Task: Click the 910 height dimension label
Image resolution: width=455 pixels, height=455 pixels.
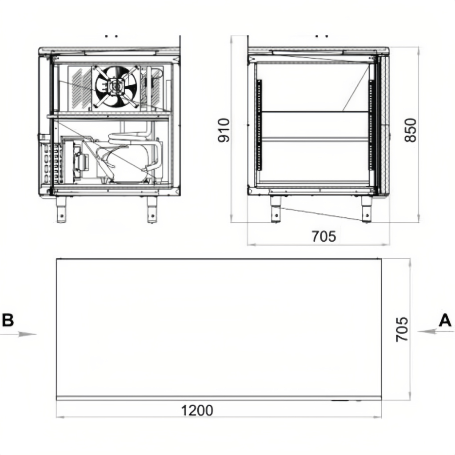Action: pyautogui.click(x=224, y=130)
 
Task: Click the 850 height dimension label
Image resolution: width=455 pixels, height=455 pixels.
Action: pyautogui.click(x=410, y=130)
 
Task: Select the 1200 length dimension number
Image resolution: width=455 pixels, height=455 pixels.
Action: pyautogui.click(x=197, y=411)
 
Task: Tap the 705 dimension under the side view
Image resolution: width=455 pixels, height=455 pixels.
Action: pyautogui.click(x=324, y=236)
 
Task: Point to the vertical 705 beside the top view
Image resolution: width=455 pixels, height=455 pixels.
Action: pyautogui.click(x=402, y=329)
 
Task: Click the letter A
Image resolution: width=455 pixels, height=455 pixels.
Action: pyautogui.click(x=445, y=321)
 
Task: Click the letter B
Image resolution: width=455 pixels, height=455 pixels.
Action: pyautogui.click(x=8, y=320)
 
